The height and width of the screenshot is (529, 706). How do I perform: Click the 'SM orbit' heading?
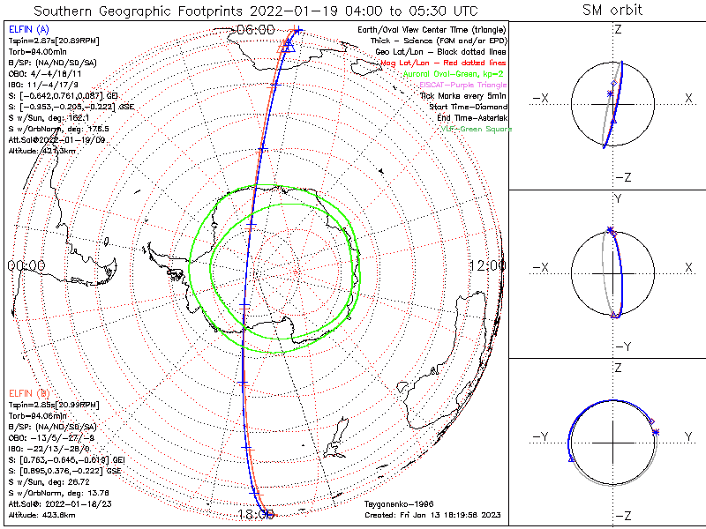click(612, 11)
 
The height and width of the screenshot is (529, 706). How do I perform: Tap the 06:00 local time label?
click(255, 30)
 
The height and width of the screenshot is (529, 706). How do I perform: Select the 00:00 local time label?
click(26, 264)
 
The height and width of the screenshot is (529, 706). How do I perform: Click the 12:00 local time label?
click(487, 264)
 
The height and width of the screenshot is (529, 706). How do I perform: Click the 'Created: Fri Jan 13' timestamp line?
click(432, 515)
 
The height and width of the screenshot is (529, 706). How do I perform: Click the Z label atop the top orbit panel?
click(616, 30)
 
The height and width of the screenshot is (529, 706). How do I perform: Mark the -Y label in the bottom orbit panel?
click(544, 436)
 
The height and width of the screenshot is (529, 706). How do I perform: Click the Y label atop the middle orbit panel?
click(616, 199)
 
